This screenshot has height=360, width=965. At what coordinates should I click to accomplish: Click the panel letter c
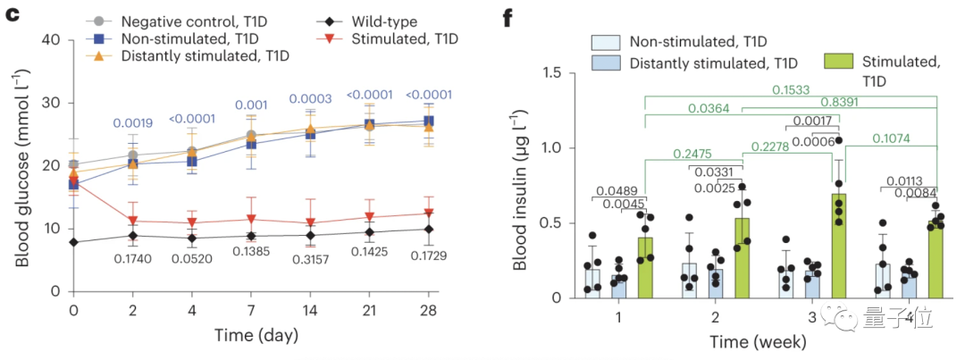point(13,15)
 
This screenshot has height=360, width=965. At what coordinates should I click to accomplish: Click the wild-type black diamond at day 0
point(73,242)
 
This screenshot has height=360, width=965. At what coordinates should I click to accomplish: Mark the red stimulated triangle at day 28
point(429,213)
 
